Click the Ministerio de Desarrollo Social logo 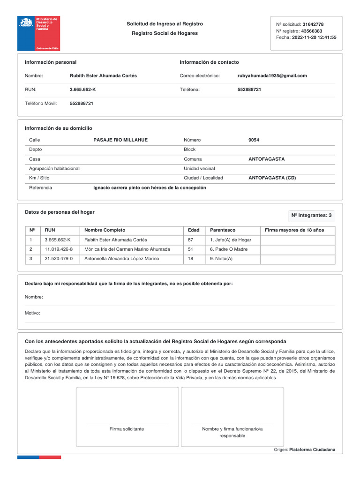point(38,33)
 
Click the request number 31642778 point(313,24)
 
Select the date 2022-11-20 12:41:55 point(314,37)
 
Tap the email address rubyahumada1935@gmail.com point(272,75)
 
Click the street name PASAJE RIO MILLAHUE point(120,140)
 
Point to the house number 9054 point(254,140)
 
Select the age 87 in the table point(190,240)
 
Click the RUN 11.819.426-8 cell point(59,249)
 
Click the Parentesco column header point(223,230)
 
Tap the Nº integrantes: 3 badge point(311,216)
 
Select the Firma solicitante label point(127,429)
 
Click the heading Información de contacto point(209,62)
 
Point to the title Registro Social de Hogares point(165,33)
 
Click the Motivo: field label point(32,313)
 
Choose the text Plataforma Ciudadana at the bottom point(312,450)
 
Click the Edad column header point(194,230)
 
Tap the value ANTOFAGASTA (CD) point(272,178)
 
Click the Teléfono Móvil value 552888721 point(82,103)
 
